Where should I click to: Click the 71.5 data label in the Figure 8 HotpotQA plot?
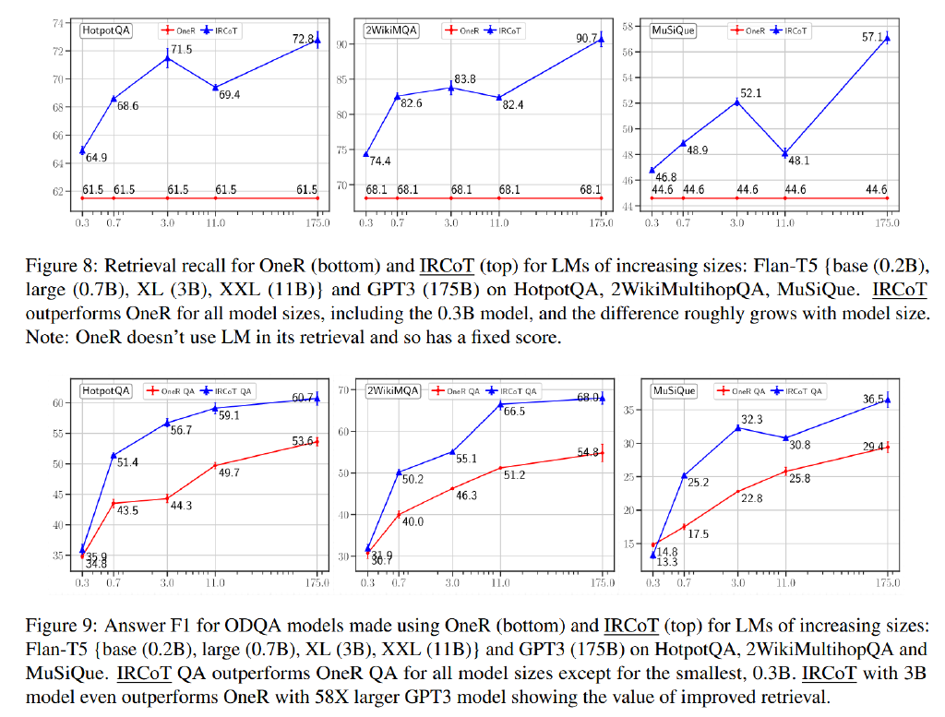pyautogui.click(x=182, y=49)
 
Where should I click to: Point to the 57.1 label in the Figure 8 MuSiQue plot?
pyautogui.click(x=874, y=37)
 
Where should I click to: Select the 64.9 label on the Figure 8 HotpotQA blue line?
pyautogui.click(x=96, y=158)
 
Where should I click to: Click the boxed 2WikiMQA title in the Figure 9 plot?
pyautogui.click(x=393, y=390)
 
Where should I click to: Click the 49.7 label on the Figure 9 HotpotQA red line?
pyautogui.click(x=227, y=472)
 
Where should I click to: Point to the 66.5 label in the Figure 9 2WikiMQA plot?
pyautogui.click(x=513, y=412)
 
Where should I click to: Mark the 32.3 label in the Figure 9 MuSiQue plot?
pyautogui.click(x=751, y=420)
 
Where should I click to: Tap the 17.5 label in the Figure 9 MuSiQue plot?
pyautogui.click(x=698, y=533)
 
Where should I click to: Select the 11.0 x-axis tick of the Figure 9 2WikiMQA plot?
pyautogui.click(x=499, y=582)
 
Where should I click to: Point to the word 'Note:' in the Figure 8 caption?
pyautogui.click(x=42, y=338)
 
